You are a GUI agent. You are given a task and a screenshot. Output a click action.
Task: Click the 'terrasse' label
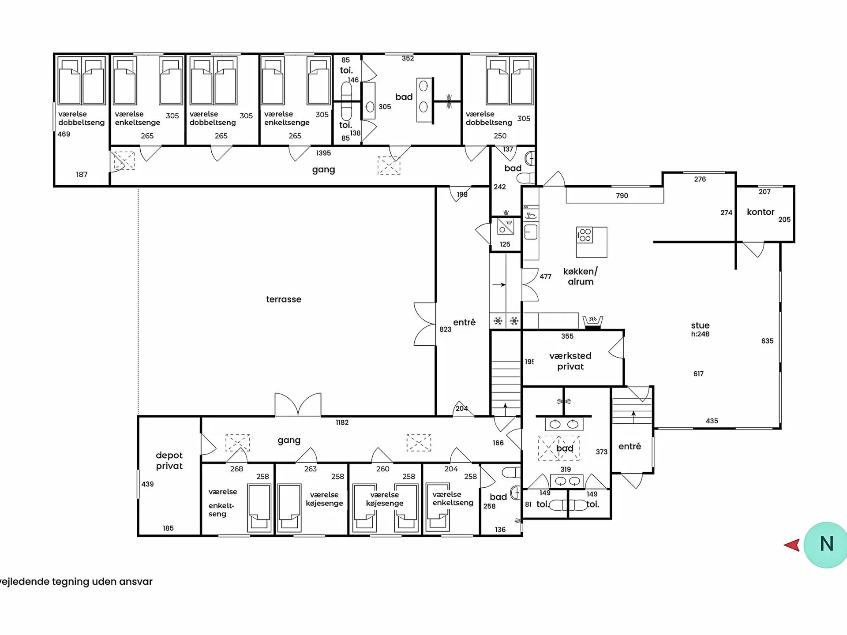click(284, 299)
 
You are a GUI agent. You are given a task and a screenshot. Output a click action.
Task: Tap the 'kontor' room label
click(761, 212)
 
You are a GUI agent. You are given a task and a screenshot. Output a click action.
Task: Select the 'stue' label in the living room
click(700, 325)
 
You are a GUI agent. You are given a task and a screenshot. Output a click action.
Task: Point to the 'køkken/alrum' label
click(581, 276)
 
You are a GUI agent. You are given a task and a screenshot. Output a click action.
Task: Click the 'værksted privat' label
click(570, 361)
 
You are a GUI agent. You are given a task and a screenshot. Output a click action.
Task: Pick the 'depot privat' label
click(169, 460)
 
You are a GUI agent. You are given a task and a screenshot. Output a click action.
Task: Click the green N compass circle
click(826, 545)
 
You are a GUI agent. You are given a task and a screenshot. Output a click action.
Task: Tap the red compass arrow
click(792, 545)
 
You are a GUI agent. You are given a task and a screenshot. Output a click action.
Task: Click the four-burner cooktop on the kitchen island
click(585, 235)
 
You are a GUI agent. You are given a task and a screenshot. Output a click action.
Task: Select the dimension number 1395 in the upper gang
click(323, 153)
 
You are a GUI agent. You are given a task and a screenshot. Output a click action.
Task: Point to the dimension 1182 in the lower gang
click(342, 422)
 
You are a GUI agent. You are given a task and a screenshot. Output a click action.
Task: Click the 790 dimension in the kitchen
click(622, 196)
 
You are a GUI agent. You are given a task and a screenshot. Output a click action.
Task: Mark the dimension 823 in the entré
click(446, 329)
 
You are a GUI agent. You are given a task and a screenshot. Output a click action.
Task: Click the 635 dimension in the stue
click(767, 341)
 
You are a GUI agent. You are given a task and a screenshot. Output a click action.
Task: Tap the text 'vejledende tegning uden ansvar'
click(76, 582)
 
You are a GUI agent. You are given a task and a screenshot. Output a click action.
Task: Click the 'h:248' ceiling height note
click(700, 334)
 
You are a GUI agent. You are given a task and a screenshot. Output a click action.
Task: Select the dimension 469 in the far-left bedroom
click(64, 134)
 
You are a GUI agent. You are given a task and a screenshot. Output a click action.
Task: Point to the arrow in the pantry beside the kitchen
click(499, 285)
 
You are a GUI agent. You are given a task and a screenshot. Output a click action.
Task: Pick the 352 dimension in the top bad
click(408, 58)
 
